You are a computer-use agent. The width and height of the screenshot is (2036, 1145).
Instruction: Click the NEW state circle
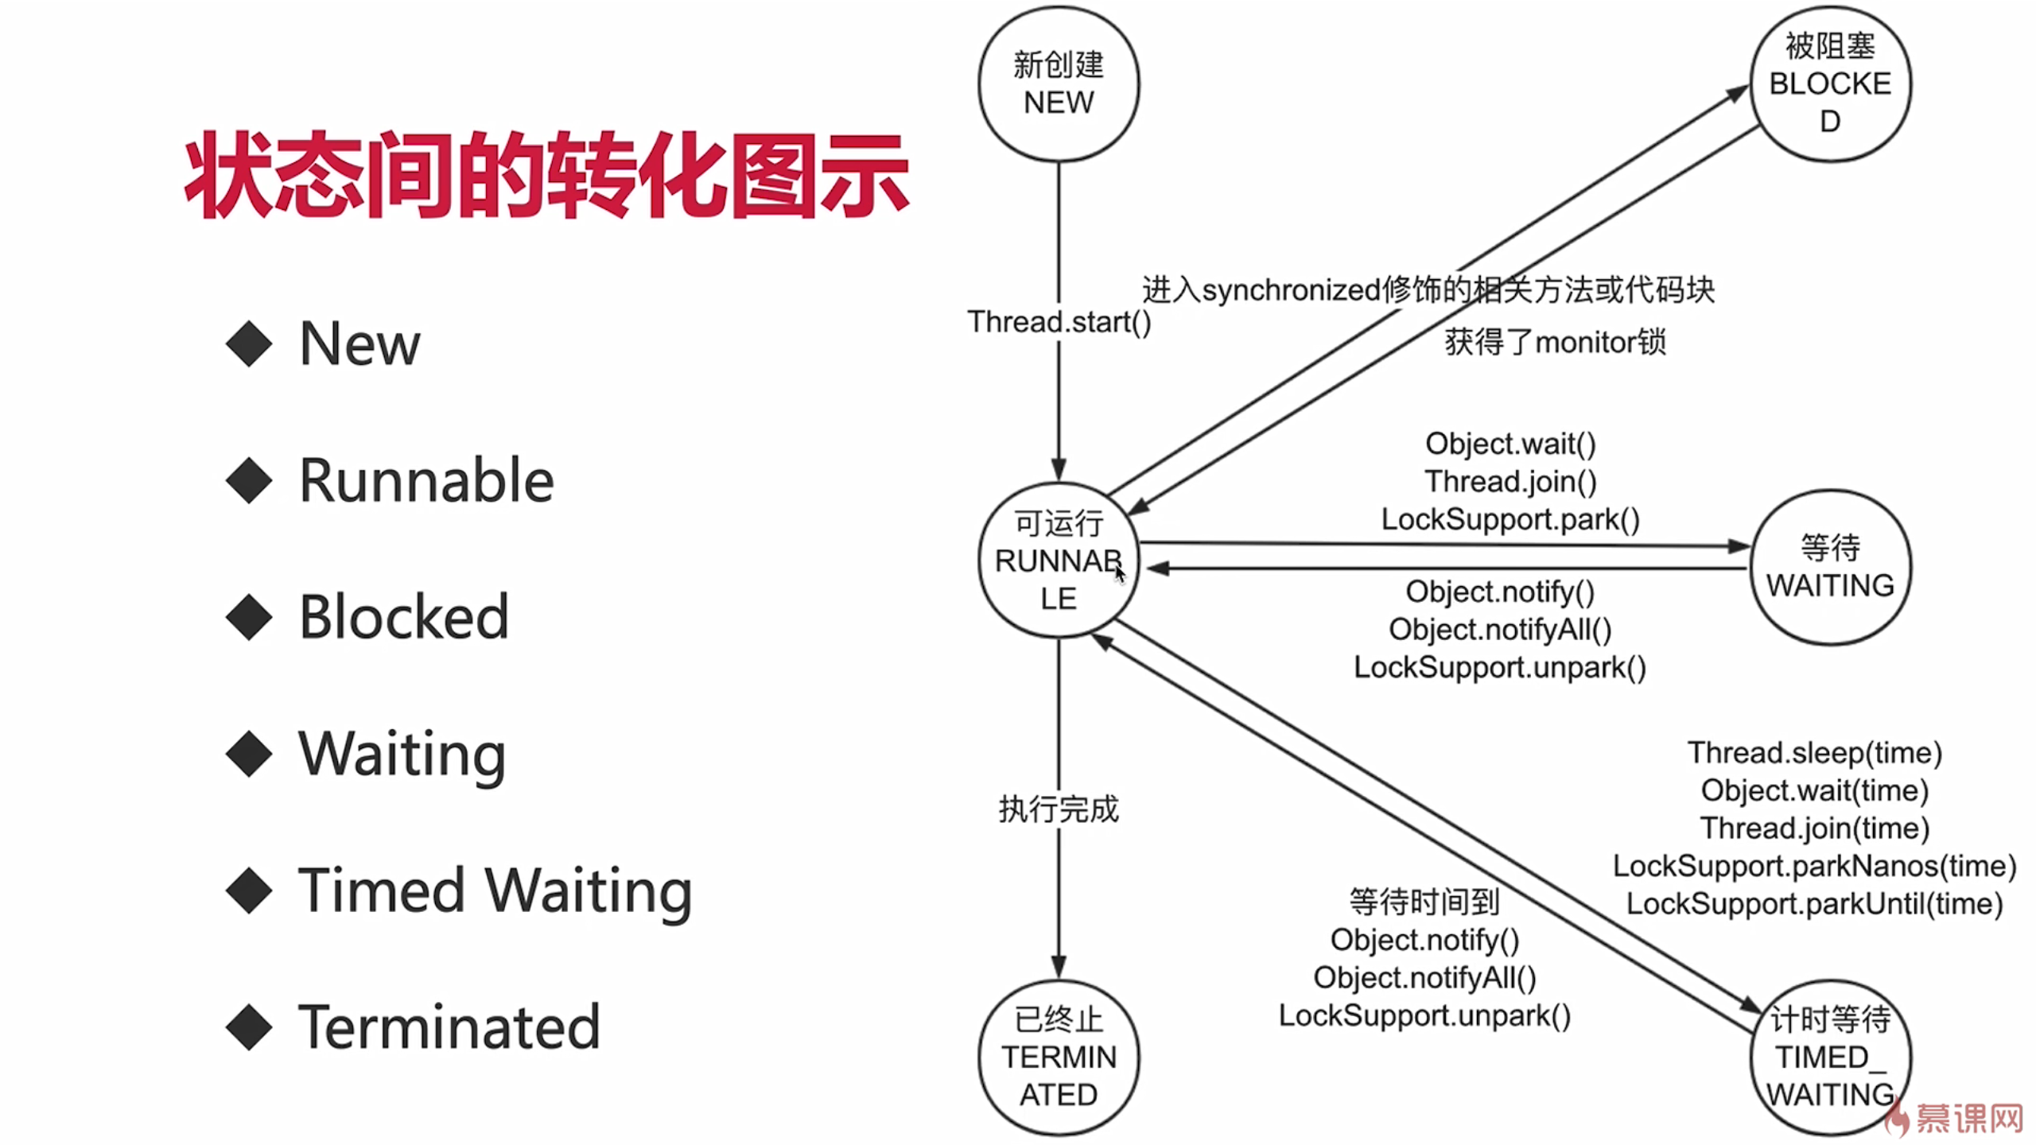click(x=1058, y=84)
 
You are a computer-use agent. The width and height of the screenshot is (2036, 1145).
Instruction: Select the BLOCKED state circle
click(x=1830, y=84)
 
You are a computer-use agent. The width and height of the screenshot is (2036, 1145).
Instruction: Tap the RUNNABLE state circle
click(x=1058, y=561)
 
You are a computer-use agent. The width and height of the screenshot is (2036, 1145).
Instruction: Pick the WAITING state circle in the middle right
click(x=1830, y=567)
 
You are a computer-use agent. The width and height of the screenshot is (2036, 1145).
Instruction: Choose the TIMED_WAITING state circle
click(x=1830, y=1057)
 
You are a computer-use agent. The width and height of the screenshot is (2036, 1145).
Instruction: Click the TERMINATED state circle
click(x=1058, y=1057)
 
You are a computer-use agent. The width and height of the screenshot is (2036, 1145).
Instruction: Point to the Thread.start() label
click(x=1059, y=322)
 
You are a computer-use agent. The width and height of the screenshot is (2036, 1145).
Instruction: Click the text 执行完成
click(x=1059, y=809)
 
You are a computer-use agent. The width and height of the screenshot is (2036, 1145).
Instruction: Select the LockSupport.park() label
click(x=1510, y=519)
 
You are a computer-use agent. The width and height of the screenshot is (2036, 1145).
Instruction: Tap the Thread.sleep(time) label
click(x=1814, y=752)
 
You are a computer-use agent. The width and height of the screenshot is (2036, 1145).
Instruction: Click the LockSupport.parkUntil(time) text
click(x=1814, y=904)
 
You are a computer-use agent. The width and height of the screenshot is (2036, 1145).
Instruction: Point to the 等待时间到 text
click(x=1424, y=902)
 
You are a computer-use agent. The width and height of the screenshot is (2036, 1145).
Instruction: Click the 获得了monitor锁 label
click(x=1554, y=343)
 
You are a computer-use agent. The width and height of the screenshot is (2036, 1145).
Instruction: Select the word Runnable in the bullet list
click(x=426, y=481)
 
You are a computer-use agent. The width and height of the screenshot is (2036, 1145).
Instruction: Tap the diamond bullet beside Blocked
click(x=249, y=618)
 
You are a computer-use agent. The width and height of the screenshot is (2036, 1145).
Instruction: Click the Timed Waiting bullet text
click(x=495, y=891)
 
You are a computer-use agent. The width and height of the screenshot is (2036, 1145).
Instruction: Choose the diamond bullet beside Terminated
click(x=249, y=1027)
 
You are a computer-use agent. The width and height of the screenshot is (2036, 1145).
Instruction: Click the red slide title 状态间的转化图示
click(x=546, y=175)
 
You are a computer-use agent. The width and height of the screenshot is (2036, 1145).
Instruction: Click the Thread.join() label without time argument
click(x=1510, y=482)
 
